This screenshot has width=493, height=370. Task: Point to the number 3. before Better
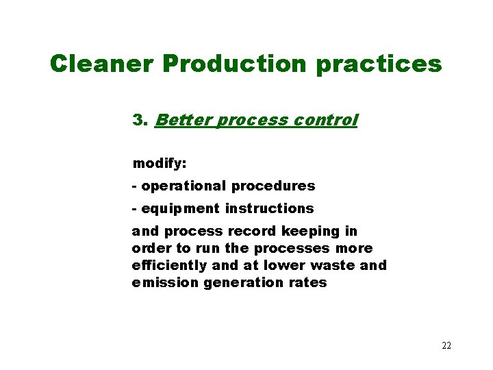coord(140,121)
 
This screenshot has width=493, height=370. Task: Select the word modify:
coord(160,164)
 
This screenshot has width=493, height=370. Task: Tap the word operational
coord(184,186)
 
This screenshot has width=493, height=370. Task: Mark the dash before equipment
coord(134,208)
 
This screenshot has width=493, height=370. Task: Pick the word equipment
coord(180,208)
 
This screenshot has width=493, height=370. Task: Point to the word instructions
coord(272,208)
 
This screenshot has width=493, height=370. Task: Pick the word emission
coord(165,282)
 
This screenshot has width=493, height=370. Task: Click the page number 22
coord(446,345)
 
